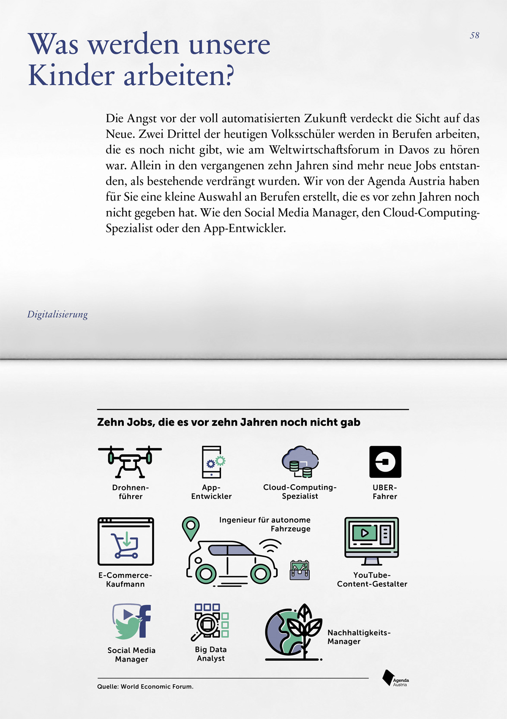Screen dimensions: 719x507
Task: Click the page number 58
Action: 474,35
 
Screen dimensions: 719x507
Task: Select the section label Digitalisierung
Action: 57,315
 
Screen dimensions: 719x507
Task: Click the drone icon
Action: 130,461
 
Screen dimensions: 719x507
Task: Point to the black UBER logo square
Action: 385,461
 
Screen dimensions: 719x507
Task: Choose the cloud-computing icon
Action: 300,461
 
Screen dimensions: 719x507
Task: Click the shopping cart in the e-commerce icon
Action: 125,545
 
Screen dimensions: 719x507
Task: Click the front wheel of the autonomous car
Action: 261,573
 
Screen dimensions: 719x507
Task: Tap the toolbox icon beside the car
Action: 300,570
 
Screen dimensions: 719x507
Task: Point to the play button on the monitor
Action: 365,533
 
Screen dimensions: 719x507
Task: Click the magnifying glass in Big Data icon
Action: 206,625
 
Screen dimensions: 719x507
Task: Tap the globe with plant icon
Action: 292,632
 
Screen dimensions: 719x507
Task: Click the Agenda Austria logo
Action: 395,678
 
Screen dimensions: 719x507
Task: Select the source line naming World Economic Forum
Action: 145,686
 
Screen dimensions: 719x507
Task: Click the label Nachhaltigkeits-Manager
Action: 359,637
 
